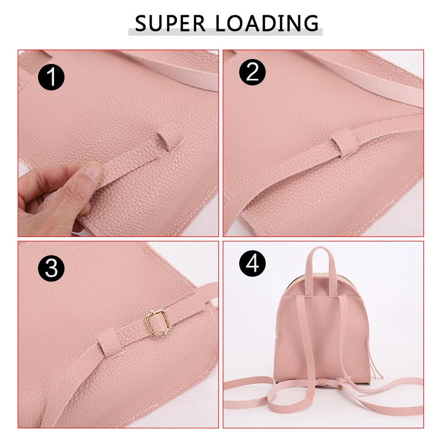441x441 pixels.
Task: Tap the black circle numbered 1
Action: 51,76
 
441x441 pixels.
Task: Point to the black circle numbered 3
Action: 51,268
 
